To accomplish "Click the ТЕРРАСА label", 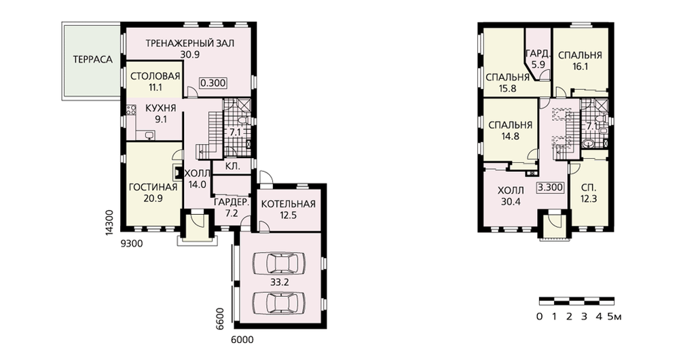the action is tap(92, 59).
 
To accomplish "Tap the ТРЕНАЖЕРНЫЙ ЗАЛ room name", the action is tap(189, 43).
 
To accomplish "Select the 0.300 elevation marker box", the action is tap(213, 83).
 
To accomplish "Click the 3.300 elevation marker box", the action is tap(551, 187).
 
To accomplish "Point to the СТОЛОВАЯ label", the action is tap(155, 77).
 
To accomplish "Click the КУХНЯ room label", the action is tap(161, 108).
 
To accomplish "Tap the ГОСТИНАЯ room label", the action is tap(153, 187).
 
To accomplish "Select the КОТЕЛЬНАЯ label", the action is tap(289, 204).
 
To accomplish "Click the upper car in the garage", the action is tap(279, 262).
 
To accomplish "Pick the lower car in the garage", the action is tap(279, 300).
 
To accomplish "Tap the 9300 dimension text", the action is tap(131, 244).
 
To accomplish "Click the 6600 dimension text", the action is tap(220, 318).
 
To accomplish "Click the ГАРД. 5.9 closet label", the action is tap(538, 59).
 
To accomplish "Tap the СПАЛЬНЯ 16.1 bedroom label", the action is tap(580, 61).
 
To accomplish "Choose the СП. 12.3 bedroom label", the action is tap(589, 194).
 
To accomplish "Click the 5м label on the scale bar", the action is tap(614, 317).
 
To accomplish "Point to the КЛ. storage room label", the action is tap(233, 166).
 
